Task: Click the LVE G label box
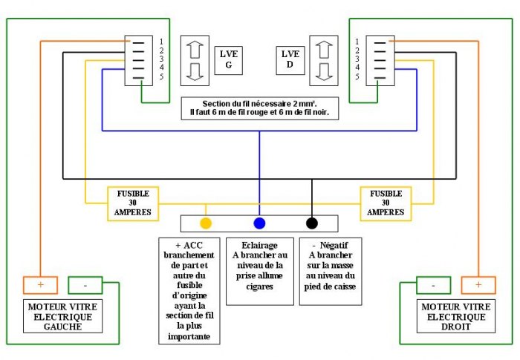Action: [x=229, y=60]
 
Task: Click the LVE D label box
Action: [x=290, y=60]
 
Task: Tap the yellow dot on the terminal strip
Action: [x=206, y=223]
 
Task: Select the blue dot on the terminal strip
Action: [x=259, y=223]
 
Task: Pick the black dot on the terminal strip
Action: [x=312, y=223]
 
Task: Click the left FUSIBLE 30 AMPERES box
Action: [x=133, y=203]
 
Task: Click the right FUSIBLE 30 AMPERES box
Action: [x=386, y=203]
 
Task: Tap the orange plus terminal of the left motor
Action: [x=40, y=285]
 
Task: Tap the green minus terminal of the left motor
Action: [x=85, y=285]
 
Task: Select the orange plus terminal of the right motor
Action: [x=478, y=285]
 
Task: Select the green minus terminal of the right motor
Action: [x=433, y=285]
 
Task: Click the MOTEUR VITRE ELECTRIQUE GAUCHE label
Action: [x=62, y=316]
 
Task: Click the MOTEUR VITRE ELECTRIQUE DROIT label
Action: [x=456, y=316]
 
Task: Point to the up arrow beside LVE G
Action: [x=195, y=50]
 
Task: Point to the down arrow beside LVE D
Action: [x=324, y=71]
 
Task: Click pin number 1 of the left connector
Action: [x=161, y=42]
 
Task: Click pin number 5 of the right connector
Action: [x=357, y=76]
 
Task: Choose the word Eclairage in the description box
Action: [x=260, y=245]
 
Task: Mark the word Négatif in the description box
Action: [x=334, y=245]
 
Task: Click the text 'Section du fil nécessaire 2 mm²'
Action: [x=260, y=104]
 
